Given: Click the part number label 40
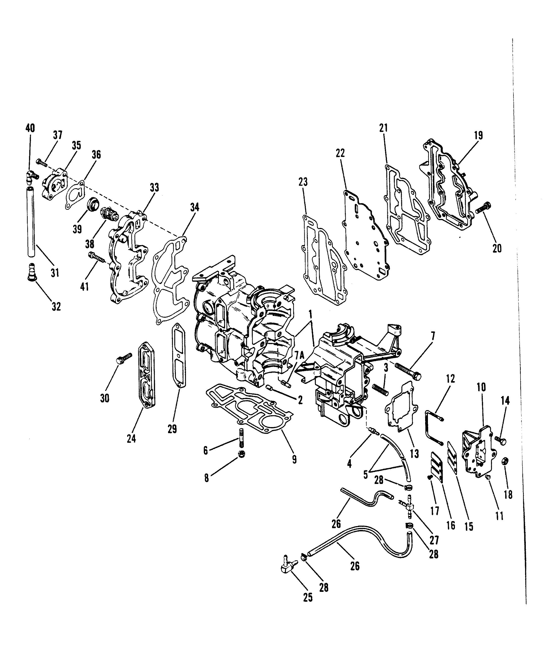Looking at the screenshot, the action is [x=30, y=128].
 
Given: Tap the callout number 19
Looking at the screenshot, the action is [x=478, y=135].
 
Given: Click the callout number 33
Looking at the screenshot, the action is [x=154, y=188].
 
